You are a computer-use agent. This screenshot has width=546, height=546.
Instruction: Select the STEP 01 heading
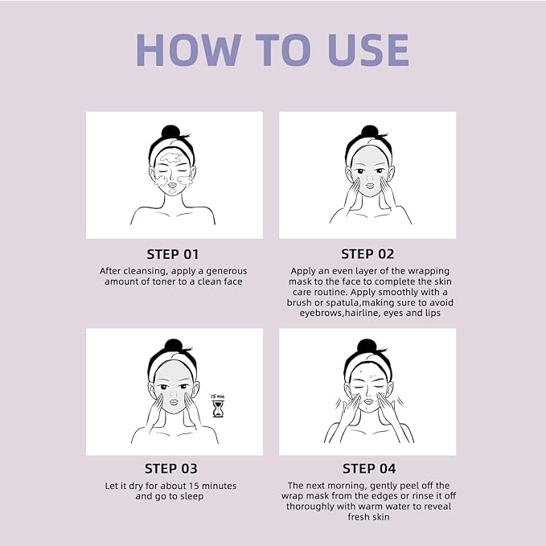[x=173, y=254]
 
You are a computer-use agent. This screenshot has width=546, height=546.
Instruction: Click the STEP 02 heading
[x=367, y=254]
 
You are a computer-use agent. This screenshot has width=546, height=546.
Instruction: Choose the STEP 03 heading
[x=171, y=469]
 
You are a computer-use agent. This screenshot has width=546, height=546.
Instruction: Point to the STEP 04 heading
[x=369, y=469]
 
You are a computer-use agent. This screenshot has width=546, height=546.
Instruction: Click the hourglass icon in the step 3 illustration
[x=217, y=409]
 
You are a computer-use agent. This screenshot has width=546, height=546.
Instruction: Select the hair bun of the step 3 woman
[x=173, y=346]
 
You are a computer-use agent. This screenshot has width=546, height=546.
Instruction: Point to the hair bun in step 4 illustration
[x=367, y=346]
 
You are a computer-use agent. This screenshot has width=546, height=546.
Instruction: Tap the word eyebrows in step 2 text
[x=316, y=314]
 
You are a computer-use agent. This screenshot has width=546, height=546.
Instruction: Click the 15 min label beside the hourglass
[x=217, y=396]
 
